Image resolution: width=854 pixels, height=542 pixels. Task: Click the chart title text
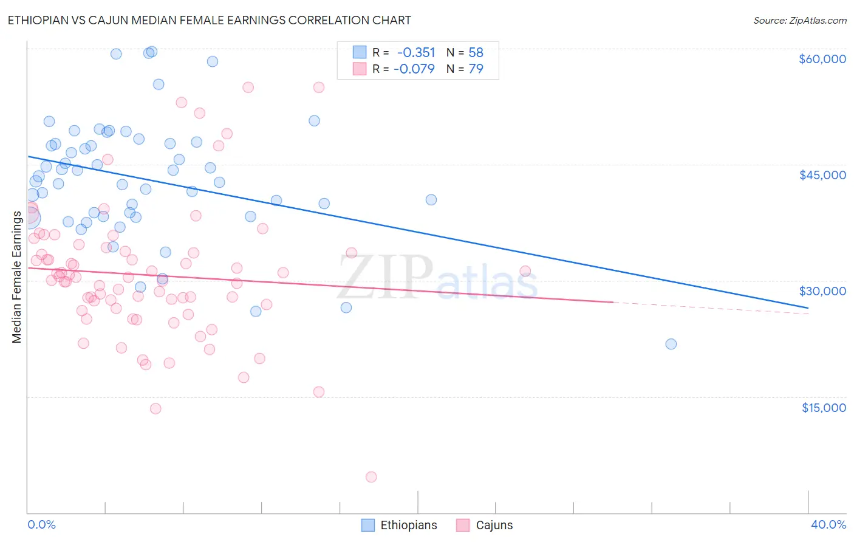(x=209, y=20)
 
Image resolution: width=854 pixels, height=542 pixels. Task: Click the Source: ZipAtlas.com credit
(x=799, y=20)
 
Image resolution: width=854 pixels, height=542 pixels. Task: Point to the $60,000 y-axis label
(x=822, y=59)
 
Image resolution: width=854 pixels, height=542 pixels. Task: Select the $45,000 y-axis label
(x=822, y=175)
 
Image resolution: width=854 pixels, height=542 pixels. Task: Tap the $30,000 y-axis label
(x=822, y=291)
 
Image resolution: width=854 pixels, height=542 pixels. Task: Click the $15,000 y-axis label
(x=823, y=408)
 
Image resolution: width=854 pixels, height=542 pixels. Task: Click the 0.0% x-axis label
(x=41, y=524)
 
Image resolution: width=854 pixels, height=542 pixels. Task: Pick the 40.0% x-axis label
(x=828, y=524)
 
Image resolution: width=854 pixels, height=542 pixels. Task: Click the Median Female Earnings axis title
(x=17, y=277)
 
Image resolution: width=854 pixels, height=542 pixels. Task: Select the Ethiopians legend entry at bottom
(x=400, y=525)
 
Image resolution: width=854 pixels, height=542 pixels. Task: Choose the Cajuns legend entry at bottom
(x=485, y=525)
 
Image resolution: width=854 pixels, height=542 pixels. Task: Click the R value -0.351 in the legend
(x=416, y=53)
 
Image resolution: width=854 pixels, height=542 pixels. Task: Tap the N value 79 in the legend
(x=476, y=69)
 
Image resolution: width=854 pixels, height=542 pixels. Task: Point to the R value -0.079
(x=414, y=69)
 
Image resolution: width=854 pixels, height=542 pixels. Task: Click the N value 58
(x=476, y=53)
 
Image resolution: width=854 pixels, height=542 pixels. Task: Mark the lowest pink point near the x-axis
(x=371, y=477)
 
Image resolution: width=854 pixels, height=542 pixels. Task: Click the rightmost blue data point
(x=671, y=344)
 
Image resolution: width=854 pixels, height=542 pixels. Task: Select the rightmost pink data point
(x=525, y=272)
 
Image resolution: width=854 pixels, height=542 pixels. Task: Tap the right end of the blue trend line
(x=808, y=308)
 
